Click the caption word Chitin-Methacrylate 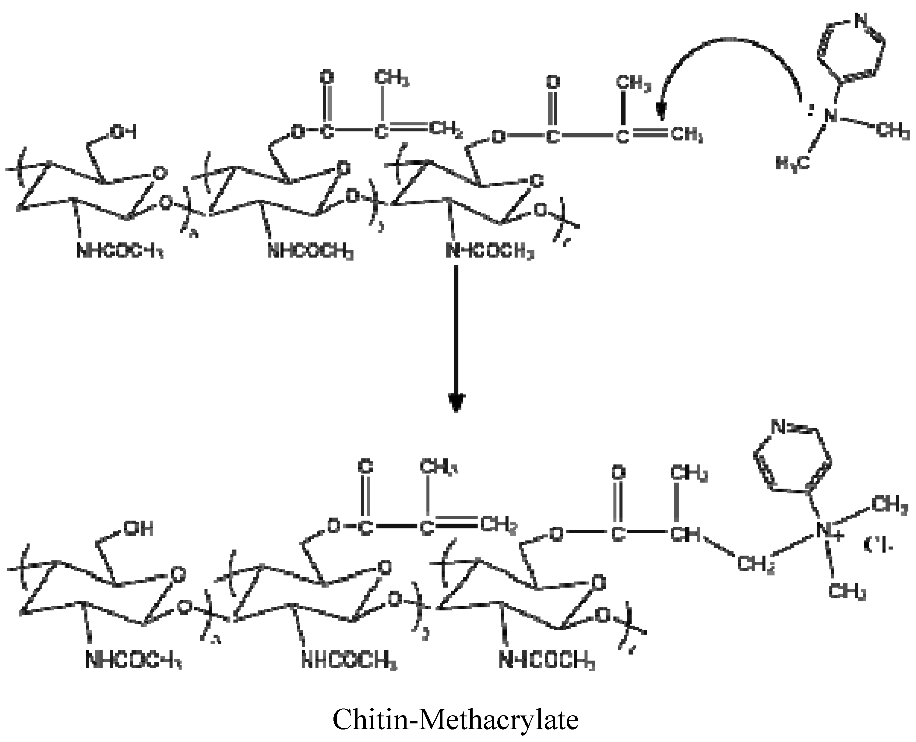pos(456,719)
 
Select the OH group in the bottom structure pos(138,529)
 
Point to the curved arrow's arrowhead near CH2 pos(661,112)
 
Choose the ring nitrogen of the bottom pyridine pos(779,426)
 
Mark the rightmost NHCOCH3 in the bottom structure pos(547,661)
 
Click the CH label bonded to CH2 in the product pos(685,534)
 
